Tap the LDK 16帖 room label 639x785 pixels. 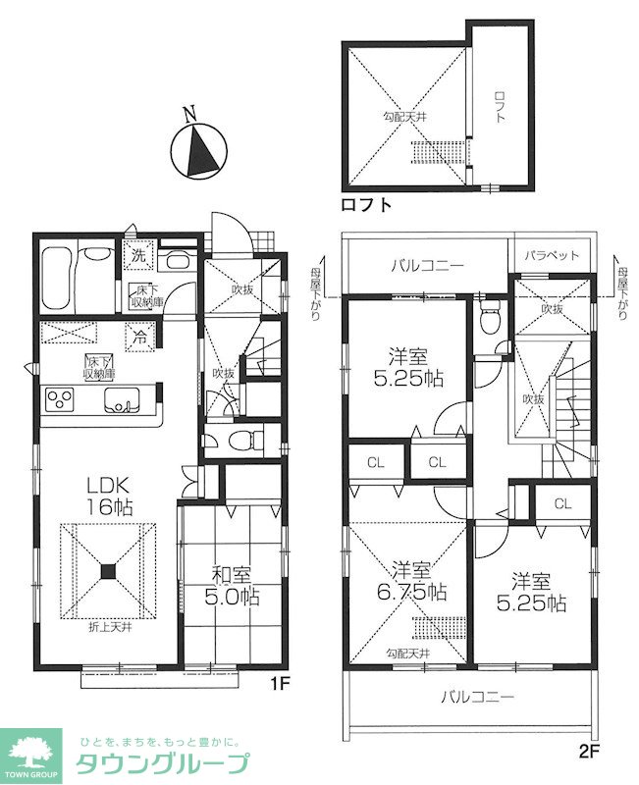[110, 497]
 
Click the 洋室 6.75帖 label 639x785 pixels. [411, 582]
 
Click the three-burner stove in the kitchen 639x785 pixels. [60, 400]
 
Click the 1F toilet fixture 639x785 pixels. [245, 440]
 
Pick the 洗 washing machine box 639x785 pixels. [138, 256]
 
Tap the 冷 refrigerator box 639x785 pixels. [140, 338]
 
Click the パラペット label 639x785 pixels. [552, 255]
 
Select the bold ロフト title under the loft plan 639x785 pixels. [366, 205]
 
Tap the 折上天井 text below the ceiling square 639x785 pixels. [110, 627]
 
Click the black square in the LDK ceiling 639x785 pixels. [108, 572]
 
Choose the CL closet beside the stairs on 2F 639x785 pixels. [562, 503]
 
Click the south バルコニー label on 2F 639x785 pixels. [477, 697]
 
